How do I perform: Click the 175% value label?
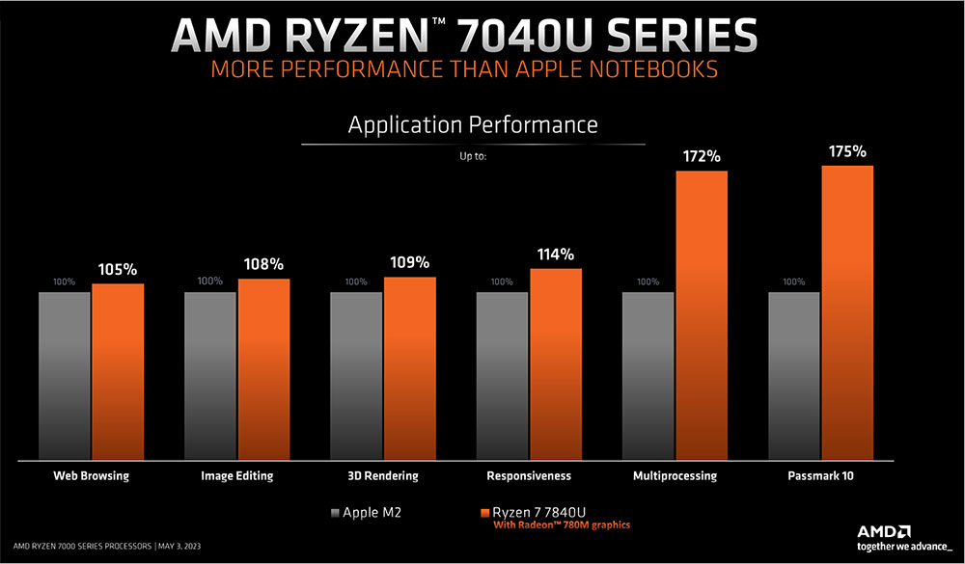(847, 151)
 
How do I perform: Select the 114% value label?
(556, 255)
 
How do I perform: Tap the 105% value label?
(118, 269)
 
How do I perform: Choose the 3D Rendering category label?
(383, 475)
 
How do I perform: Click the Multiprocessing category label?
(675, 475)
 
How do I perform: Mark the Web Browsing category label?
(91, 475)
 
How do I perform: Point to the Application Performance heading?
(473, 125)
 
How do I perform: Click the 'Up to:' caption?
(473, 154)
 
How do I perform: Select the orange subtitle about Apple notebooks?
(464, 70)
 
